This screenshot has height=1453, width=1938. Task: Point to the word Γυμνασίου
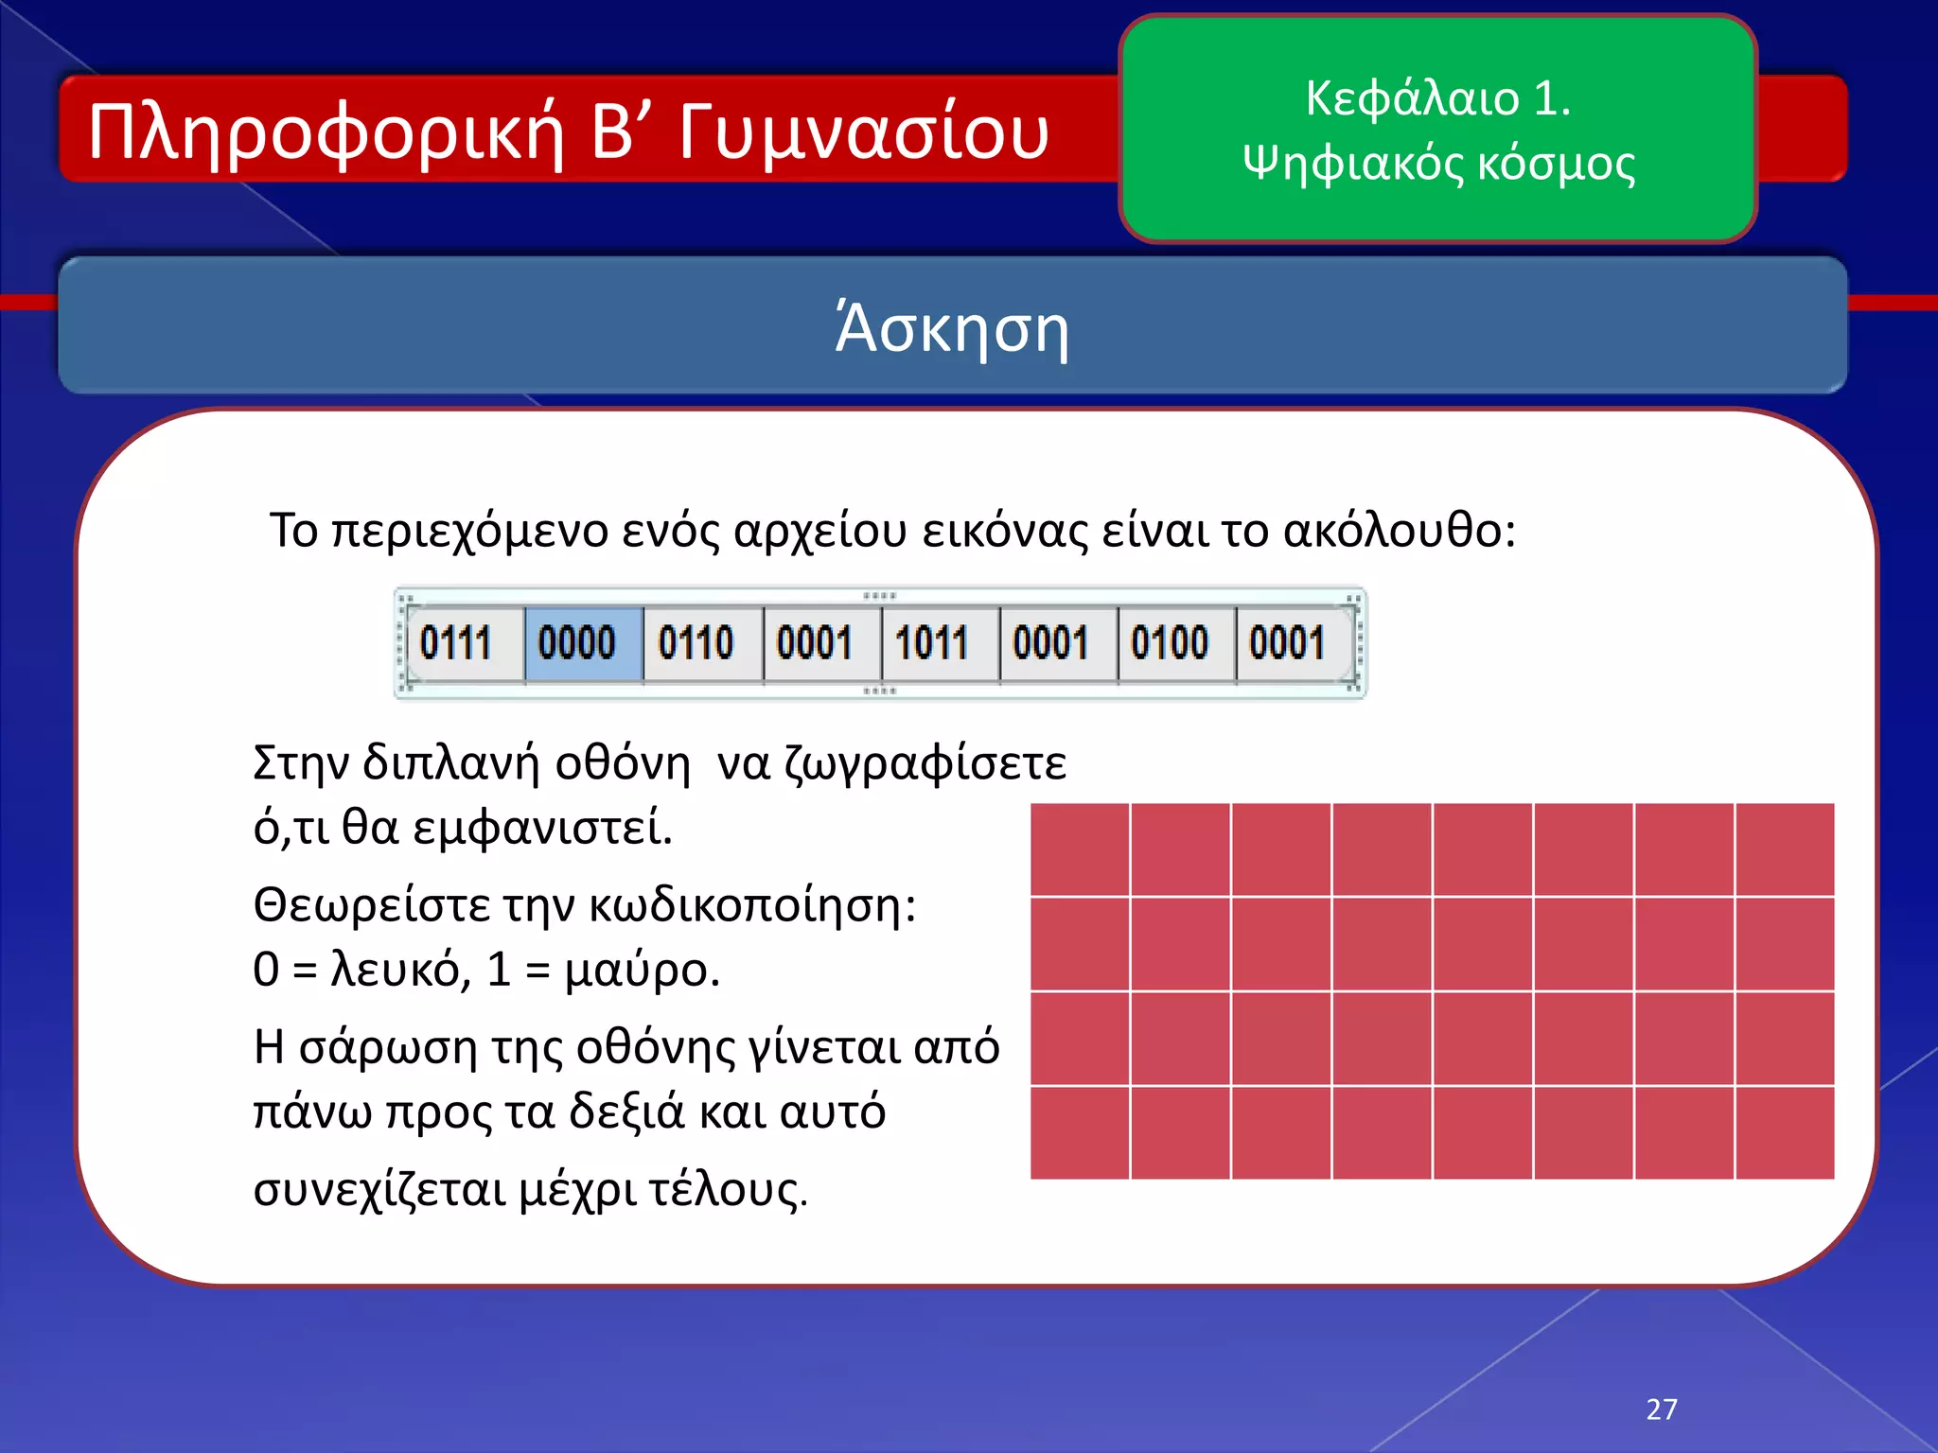[x=863, y=132]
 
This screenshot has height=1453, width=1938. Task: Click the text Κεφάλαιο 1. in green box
[x=1437, y=98]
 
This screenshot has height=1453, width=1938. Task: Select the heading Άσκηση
[x=952, y=328]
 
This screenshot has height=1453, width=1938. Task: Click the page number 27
[x=1662, y=1409]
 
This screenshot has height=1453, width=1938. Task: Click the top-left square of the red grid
[x=1080, y=849]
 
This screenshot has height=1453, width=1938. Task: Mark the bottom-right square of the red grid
[x=1785, y=1132]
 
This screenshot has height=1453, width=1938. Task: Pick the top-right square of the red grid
[x=1785, y=849]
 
